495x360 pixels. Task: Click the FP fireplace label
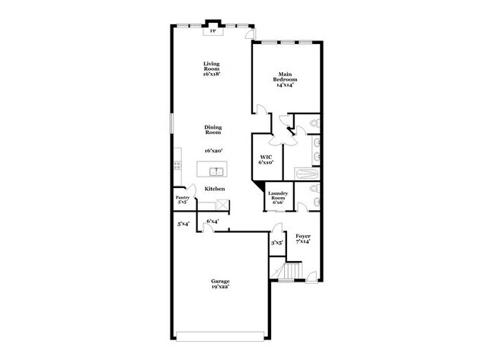click(x=212, y=32)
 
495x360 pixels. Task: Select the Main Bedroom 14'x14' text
click(x=286, y=81)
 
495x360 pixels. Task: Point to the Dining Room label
click(x=212, y=130)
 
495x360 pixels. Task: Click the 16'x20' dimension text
click(x=212, y=151)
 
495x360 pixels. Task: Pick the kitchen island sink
click(x=216, y=170)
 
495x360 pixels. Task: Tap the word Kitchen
click(x=214, y=188)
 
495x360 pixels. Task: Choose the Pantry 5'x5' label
click(x=182, y=201)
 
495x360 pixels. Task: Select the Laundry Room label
click(x=276, y=199)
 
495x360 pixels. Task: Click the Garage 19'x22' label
click(x=221, y=284)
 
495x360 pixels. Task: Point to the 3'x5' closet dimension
click(x=277, y=243)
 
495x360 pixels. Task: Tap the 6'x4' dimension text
click(x=213, y=221)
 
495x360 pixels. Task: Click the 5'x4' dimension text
click(x=183, y=224)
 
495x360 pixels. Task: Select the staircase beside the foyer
click(x=292, y=271)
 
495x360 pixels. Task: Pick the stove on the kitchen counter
click(x=177, y=163)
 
